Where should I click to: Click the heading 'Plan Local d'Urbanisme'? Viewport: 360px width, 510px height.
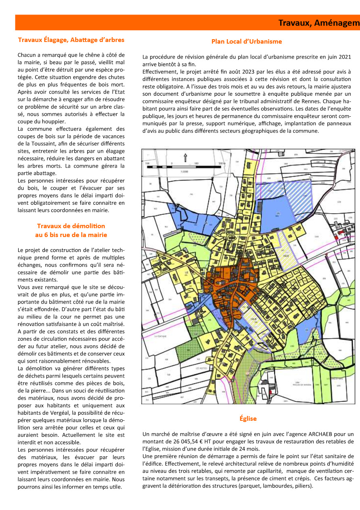tap(247, 42)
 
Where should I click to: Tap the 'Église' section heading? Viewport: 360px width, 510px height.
tap(248, 418)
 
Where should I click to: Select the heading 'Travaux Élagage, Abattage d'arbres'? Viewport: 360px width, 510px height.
tap(71, 40)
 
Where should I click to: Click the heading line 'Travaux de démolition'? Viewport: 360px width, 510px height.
tap(71, 226)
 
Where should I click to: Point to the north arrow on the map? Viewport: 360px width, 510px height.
tap(185, 157)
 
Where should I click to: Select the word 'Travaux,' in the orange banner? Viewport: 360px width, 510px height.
tap(294, 23)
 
